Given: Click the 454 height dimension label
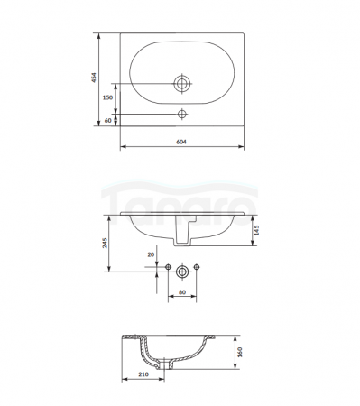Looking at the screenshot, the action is (x=94, y=78).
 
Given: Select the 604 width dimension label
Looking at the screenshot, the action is (x=181, y=142).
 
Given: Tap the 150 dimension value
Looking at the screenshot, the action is (x=107, y=97).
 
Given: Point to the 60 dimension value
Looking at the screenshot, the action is (x=107, y=120).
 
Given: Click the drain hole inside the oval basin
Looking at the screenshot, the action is (x=182, y=83).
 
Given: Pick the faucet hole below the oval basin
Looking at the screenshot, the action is (x=182, y=114).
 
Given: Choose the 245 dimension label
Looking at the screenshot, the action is (x=105, y=243).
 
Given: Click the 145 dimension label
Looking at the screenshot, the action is (x=256, y=230).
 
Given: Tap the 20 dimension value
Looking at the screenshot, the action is (x=151, y=254).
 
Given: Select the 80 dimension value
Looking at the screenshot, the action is (x=182, y=292).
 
